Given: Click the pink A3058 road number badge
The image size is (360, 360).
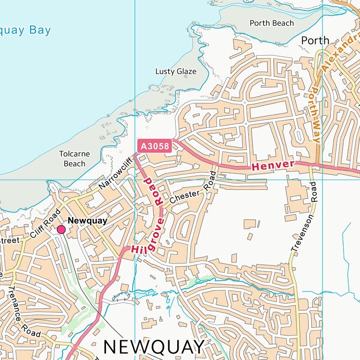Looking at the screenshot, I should (x=155, y=146).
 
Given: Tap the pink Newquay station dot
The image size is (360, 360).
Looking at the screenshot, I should (x=61, y=229).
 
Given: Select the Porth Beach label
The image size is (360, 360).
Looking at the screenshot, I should (x=271, y=23).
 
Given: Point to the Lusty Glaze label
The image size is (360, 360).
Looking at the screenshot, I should (x=176, y=71).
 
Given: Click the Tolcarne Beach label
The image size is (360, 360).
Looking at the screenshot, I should (x=75, y=159).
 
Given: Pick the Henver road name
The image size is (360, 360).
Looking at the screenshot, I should (x=273, y=165).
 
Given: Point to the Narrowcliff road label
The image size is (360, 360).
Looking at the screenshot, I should (x=116, y=174).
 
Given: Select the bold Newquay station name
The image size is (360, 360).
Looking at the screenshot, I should (x=88, y=220).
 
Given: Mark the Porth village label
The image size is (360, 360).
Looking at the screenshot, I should (x=315, y=40).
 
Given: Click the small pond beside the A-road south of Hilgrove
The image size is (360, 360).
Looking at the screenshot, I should (x=121, y=297).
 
